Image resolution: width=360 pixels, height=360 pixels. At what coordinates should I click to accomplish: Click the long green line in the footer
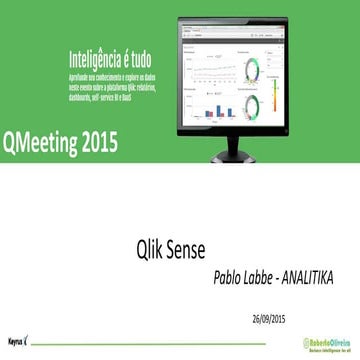150,343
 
